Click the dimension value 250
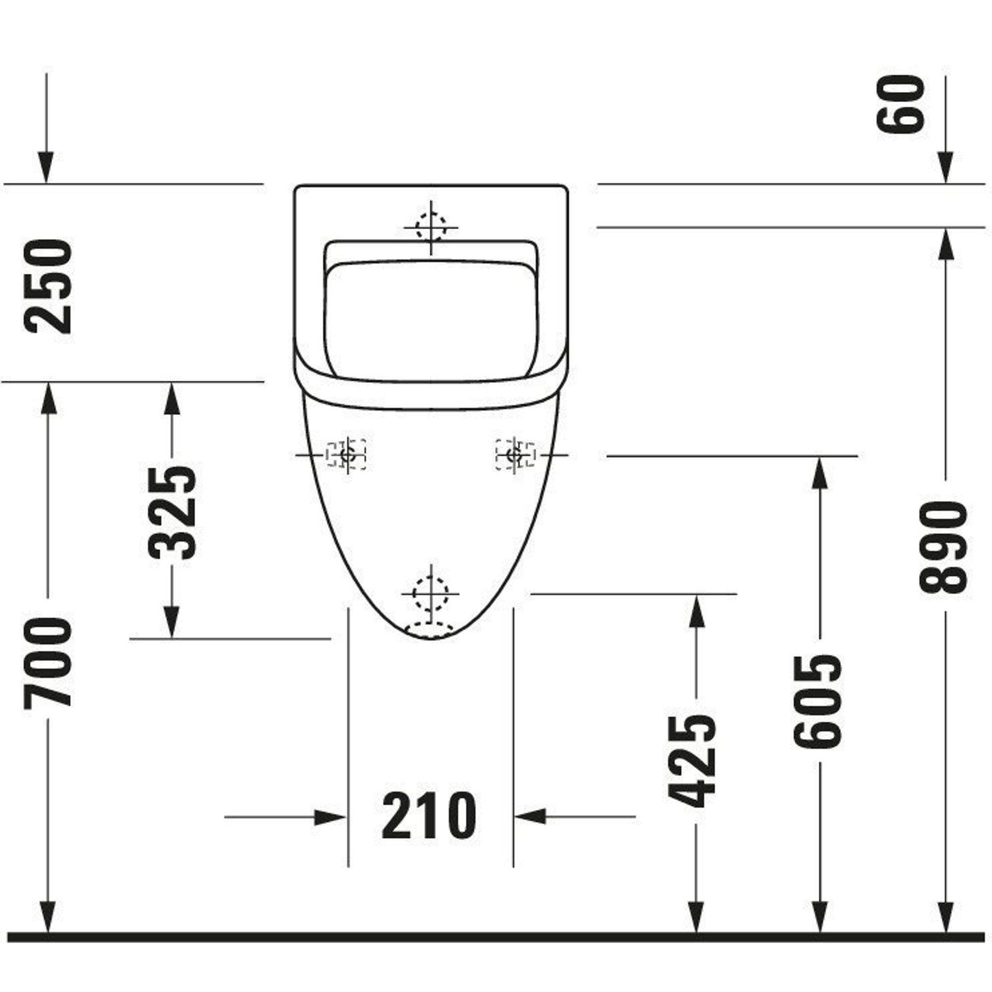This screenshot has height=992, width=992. click(x=47, y=287)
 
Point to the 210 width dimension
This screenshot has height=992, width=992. click(x=429, y=816)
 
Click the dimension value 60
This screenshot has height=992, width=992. click(x=902, y=104)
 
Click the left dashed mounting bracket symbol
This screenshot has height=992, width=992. click(x=347, y=454)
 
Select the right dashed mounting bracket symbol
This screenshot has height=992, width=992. click(x=515, y=454)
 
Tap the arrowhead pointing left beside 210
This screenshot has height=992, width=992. click(x=530, y=816)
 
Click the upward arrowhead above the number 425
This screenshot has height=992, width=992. click(x=696, y=611)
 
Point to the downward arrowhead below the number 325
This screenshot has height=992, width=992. click(x=172, y=622)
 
